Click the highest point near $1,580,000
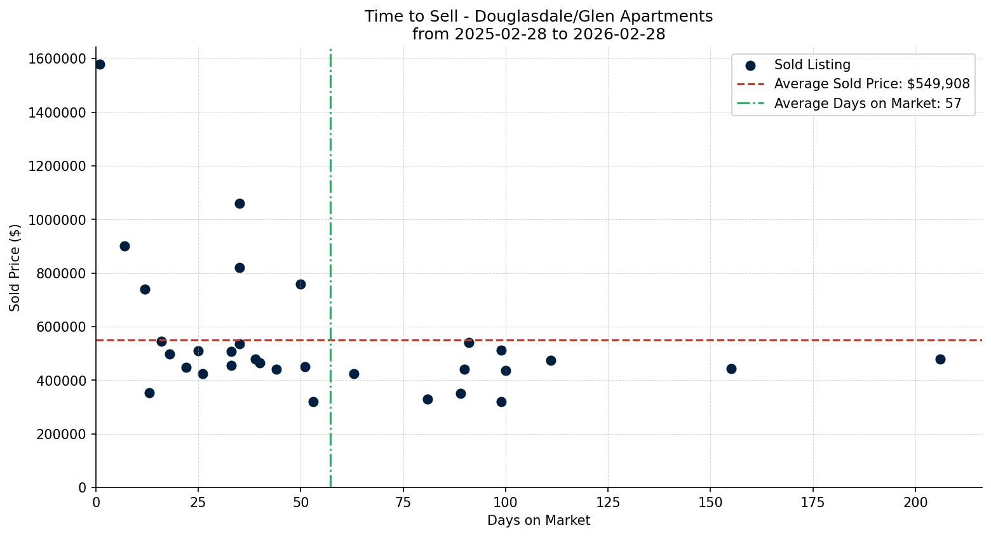[x=100, y=64]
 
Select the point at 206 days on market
[x=940, y=359]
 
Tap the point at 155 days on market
[x=731, y=369]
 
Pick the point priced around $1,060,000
[x=239, y=203]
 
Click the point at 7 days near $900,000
[x=125, y=246]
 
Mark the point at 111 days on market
[x=551, y=360]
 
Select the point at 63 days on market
[x=354, y=374]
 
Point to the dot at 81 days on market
[x=428, y=399]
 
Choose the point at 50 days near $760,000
[x=300, y=284]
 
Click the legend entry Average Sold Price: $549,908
[x=872, y=84]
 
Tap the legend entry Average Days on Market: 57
[x=867, y=104]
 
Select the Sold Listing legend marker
[x=750, y=65]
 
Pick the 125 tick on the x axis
[x=608, y=503]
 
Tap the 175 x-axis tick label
[x=812, y=503]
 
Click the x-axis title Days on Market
[x=539, y=520]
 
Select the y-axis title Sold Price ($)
[x=15, y=267]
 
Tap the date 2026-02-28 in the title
[x=619, y=34]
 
